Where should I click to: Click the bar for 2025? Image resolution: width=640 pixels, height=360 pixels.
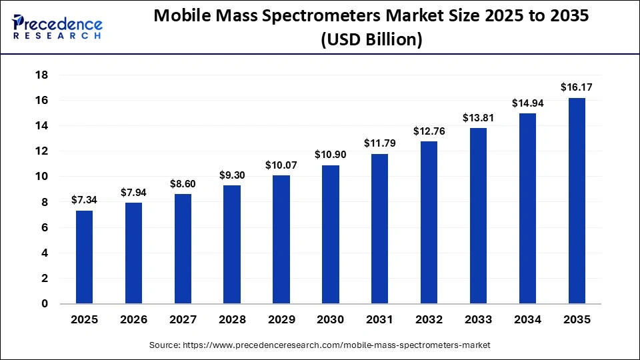(x=84, y=257)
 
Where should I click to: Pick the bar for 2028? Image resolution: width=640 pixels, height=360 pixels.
(x=231, y=245)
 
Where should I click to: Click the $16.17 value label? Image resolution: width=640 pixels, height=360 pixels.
(x=576, y=87)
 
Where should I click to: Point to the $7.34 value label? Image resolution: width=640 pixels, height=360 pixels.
(x=84, y=199)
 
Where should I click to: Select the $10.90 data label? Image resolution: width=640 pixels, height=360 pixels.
(x=330, y=154)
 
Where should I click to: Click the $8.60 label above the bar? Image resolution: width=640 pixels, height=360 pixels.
(x=183, y=183)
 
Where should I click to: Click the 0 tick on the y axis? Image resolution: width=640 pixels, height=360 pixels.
(x=45, y=304)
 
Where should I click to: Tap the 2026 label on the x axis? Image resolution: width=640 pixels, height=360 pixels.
(x=133, y=320)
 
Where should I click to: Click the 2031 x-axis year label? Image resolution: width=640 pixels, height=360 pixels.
(x=379, y=320)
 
